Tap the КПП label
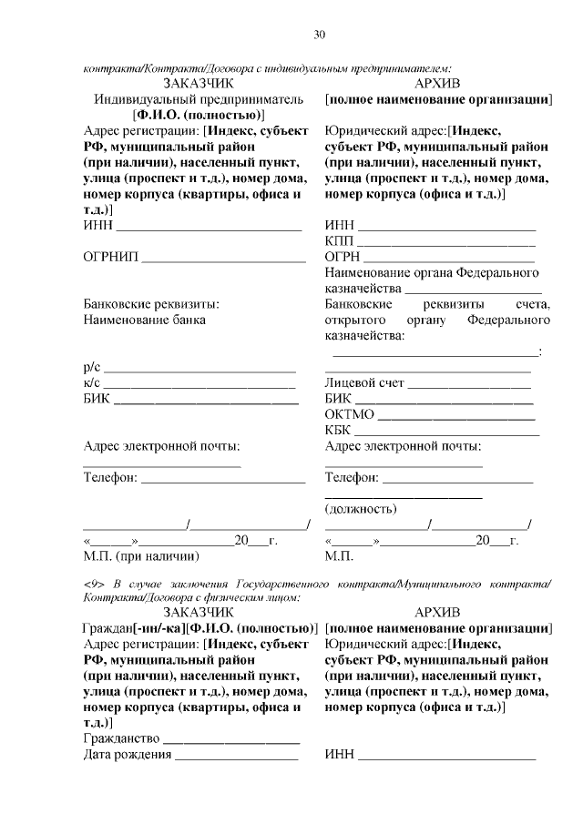point(338,241)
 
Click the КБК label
point(338,430)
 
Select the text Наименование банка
point(144,320)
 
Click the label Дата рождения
point(127,754)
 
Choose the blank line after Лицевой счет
point(470,384)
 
